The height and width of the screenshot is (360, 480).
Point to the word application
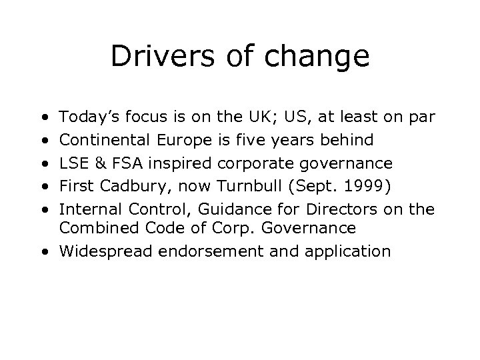point(352,251)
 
